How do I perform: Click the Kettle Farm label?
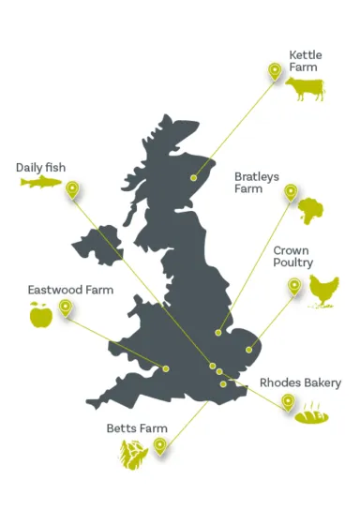(305, 61)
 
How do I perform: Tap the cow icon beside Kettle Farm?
(306, 89)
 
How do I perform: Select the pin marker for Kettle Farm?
(275, 71)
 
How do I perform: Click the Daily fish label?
(41, 168)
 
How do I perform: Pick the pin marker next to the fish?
(72, 190)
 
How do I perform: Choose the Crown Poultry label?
(292, 257)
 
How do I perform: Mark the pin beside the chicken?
(294, 286)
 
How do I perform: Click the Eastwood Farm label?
(69, 290)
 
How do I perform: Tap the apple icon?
(40, 316)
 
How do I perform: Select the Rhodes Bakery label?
(300, 382)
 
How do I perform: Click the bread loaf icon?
(311, 412)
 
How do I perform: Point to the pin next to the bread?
(287, 403)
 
